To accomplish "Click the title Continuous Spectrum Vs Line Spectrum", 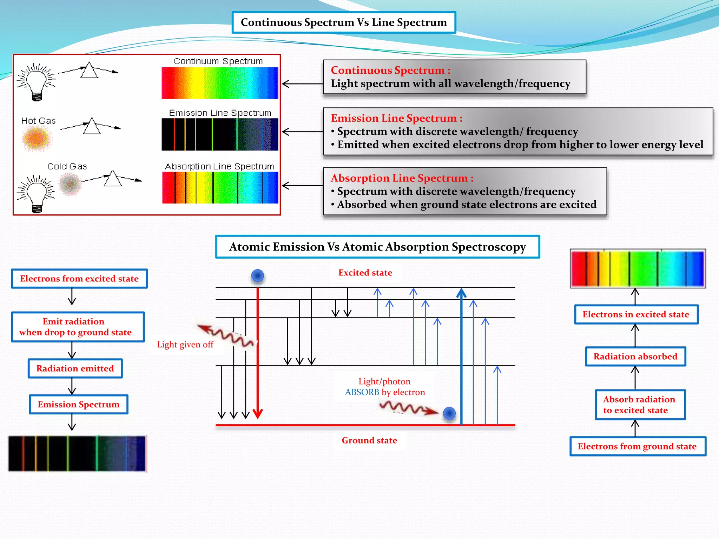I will (344, 22).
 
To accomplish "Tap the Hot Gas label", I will (38, 121).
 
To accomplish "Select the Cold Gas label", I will (67, 166).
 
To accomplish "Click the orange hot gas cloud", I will (37, 138).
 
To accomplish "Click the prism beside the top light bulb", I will (89, 71).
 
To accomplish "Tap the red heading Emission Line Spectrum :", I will (396, 118).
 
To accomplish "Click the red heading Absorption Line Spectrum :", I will (402, 178).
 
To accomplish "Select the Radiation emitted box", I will (75, 368).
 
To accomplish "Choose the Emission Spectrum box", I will (79, 405).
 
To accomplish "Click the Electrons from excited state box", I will (79, 279).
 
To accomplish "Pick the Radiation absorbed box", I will (635, 357).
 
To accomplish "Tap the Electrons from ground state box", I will (637, 446).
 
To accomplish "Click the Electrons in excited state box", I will (636, 314).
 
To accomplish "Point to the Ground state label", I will (369, 440).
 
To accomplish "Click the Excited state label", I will (365, 273).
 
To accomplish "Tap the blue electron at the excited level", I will (258, 276).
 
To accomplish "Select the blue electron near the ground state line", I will (449, 413).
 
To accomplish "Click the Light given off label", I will (185, 345).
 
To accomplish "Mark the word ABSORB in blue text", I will (362, 392).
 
